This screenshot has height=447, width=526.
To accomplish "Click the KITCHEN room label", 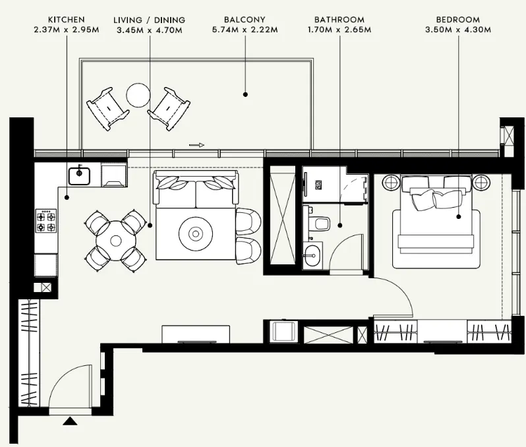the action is tap(67, 20).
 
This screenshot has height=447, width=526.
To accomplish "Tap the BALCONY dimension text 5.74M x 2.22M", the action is tap(245, 30).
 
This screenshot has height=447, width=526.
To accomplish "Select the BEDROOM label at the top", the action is tap(458, 20).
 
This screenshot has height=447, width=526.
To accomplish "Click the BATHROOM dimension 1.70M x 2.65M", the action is tap(339, 30).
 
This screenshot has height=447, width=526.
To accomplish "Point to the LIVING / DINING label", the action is tap(149, 20).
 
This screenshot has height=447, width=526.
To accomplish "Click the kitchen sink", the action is tap(79, 176).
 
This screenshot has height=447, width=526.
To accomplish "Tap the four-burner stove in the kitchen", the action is tap(46, 222).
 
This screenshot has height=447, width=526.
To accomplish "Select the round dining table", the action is tap(116, 241).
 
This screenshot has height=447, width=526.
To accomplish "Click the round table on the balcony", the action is tap(138, 96).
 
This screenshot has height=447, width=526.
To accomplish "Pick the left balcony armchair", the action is tap(107, 109).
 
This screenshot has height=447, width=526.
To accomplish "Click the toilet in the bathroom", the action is tap(320, 223).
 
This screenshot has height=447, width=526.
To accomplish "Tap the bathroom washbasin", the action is tap(312, 255).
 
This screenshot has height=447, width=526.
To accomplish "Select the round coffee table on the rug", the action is tap(195, 233).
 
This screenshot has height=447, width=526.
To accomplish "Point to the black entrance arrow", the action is tap(70, 421).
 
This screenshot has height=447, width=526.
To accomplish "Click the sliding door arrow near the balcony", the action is tap(197, 145).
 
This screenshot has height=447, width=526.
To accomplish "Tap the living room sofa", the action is tap(196, 189).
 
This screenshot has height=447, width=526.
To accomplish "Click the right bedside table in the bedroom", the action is tap(481, 183).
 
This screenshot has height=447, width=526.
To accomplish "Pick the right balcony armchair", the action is tap(169, 109).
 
